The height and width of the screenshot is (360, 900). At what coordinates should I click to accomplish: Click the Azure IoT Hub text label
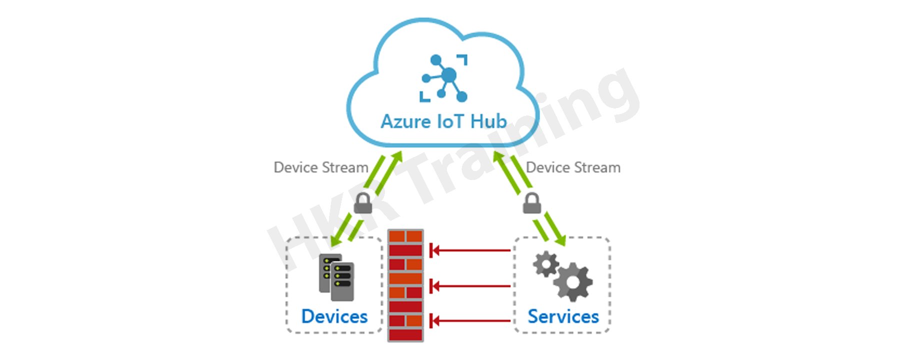(x=443, y=121)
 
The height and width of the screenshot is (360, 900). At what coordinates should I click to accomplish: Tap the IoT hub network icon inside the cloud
(x=444, y=78)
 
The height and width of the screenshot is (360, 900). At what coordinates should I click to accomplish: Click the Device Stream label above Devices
(x=320, y=167)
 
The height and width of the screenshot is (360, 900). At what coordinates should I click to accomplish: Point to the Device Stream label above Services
(x=573, y=167)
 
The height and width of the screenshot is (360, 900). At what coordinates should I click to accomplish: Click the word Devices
(x=334, y=316)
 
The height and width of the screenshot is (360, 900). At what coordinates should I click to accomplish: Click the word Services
(x=563, y=316)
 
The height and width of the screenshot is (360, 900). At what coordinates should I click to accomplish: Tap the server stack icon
(x=336, y=277)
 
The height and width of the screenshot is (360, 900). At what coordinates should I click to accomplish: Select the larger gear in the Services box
(x=573, y=282)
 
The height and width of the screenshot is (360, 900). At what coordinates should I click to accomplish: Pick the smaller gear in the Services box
(x=545, y=263)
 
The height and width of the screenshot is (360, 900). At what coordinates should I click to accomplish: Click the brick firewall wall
(x=405, y=285)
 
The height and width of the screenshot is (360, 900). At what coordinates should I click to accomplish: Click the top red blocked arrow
(x=470, y=250)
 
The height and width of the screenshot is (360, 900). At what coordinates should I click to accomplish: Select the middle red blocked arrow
(x=470, y=286)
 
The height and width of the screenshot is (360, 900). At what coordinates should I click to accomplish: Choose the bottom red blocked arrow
(x=470, y=320)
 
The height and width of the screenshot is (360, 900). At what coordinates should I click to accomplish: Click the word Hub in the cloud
(x=488, y=121)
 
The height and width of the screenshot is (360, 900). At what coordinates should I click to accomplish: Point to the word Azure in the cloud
(x=405, y=121)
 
